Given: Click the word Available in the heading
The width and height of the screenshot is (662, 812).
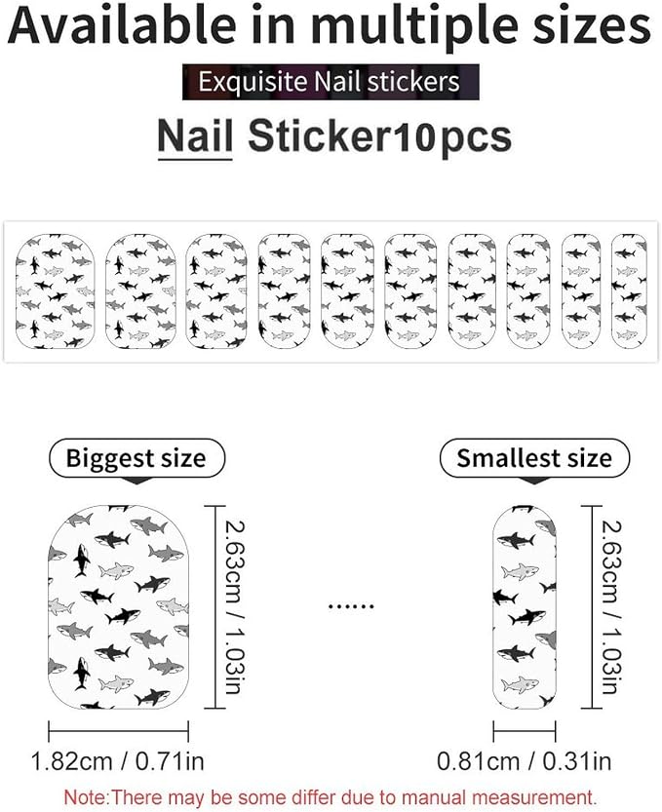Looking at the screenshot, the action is click(x=122, y=25).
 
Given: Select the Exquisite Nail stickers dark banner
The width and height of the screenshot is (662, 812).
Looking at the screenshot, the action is click(x=331, y=82).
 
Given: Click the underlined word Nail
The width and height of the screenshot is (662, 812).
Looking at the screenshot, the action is click(x=195, y=136).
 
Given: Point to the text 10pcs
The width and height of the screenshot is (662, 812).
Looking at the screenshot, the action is click(x=452, y=137).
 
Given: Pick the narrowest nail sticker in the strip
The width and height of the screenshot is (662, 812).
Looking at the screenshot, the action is click(x=629, y=290).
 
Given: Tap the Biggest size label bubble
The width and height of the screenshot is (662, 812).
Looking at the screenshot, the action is click(x=136, y=458).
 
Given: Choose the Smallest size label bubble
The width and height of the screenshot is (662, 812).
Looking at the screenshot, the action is click(x=534, y=458).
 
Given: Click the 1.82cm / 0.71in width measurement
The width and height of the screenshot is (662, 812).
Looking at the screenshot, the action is click(x=118, y=761).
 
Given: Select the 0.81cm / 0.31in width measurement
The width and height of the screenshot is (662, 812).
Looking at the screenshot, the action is click(x=525, y=761).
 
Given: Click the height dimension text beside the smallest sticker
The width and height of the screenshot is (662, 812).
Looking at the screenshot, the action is click(x=610, y=607).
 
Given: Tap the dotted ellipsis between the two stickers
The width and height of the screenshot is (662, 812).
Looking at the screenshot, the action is click(x=351, y=605).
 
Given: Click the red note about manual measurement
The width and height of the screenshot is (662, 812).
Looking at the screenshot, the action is click(x=331, y=796).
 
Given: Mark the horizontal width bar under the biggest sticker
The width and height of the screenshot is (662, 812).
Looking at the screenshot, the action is click(x=118, y=731).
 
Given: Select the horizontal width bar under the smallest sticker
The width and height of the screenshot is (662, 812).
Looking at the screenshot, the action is click(x=525, y=731).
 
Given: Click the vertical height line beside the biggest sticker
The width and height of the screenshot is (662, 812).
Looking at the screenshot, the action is click(x=215, y=607).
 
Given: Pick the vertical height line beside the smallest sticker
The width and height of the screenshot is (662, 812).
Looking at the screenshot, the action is click(x=593, y=607).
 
